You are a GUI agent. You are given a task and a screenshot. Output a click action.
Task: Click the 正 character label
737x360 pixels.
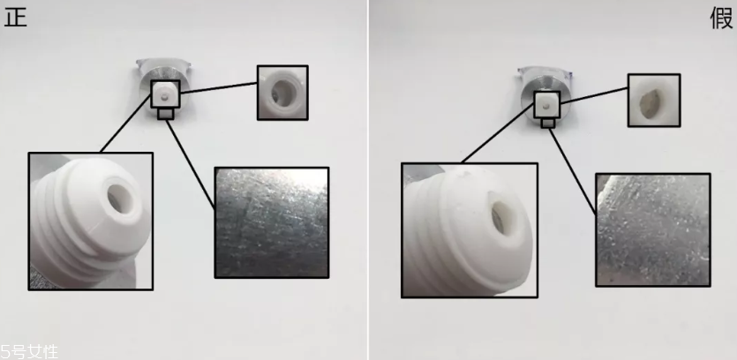click(15, 18)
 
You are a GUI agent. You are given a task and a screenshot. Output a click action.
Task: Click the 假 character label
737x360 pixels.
click(721, 19)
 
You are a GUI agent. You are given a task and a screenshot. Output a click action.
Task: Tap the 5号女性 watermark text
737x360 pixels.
click(29, 351)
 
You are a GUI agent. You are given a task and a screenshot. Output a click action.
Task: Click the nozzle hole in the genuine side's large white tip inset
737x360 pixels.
click(121, 198)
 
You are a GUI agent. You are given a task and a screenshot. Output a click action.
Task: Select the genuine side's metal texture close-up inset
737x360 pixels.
click(272, 222)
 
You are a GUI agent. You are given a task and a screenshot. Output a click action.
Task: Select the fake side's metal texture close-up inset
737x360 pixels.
click(653, 229)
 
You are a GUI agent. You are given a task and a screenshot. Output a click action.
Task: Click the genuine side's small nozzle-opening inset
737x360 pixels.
click(282, 93)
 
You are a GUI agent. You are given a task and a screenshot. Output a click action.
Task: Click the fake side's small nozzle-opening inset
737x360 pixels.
click(654, 100)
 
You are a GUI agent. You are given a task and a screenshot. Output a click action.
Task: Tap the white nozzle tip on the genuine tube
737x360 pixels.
click(165, 94)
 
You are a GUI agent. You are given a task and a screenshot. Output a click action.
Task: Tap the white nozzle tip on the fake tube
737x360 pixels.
click(546, 105)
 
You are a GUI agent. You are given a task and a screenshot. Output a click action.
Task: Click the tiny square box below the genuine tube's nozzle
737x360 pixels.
click(165, 114)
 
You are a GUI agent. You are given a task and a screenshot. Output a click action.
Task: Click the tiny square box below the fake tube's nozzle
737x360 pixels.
click(547, 124)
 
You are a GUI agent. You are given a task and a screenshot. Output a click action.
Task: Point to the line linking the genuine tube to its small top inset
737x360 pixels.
click(219, 88)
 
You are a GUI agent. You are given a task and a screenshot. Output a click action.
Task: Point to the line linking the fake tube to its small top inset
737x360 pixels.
click(594, 95)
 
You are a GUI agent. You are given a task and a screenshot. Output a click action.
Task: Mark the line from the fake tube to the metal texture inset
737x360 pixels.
click(573, 171)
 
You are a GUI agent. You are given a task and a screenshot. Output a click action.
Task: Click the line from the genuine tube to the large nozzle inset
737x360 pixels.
click(126, 124)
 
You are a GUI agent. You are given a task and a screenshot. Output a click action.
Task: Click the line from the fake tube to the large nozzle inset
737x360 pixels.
click(498, 134)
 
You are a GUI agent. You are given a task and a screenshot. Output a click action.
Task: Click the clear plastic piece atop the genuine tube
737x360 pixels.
click(163, 64)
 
